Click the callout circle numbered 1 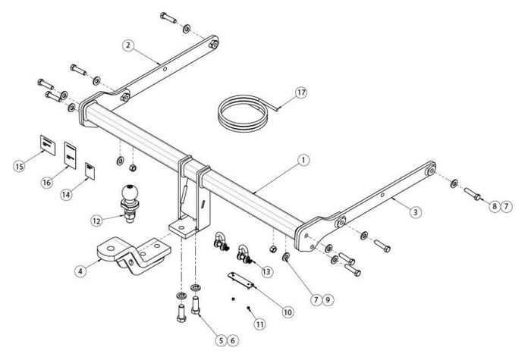(303, 160)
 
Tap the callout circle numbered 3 (416, 213)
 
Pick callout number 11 (260, 324)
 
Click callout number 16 (47, 183)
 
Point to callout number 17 (301, 94)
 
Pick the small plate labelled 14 (90, 171)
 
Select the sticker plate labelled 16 (70, 154)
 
